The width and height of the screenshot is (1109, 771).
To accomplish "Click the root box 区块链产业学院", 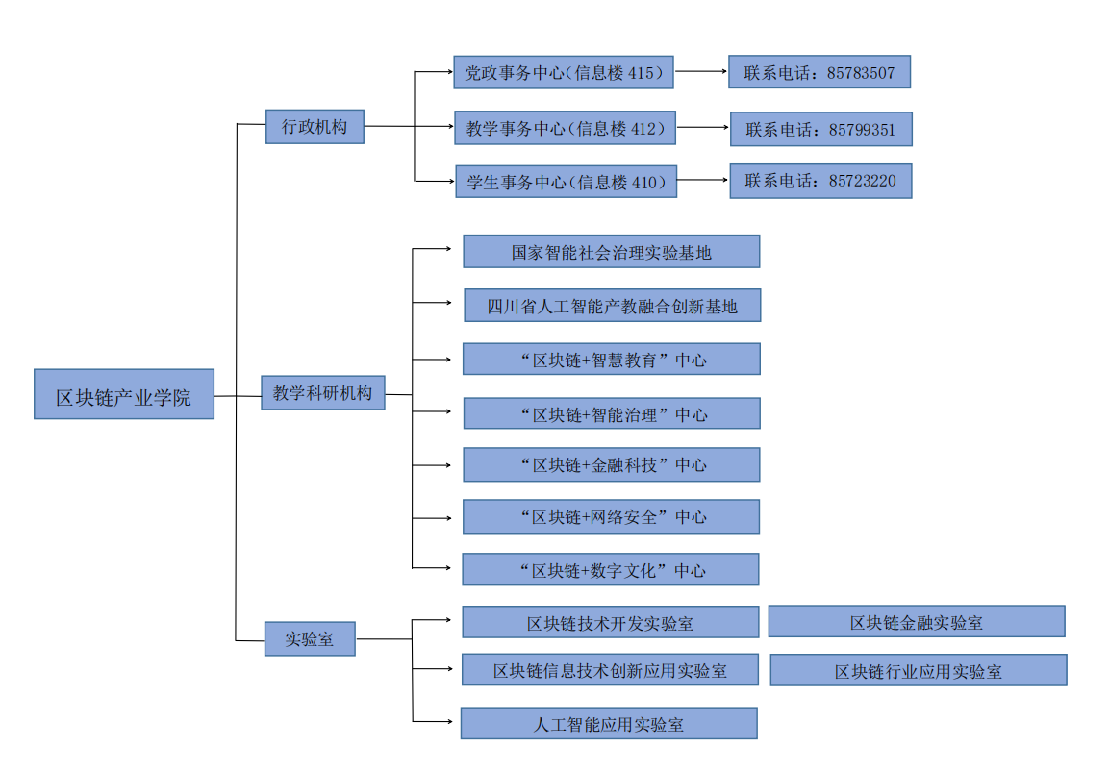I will pyautogui.click(x=123, y=394).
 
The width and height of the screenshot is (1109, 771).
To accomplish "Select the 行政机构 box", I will pyautogui.click(x=315, y=127).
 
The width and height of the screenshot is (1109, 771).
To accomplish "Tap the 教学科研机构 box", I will pyautogui.click(x=323, y=393).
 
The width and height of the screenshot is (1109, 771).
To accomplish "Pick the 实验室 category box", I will pyautogui.click(x=310, y=638).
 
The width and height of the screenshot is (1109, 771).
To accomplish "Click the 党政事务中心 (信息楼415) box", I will pyautogui.click(x=564, y=72).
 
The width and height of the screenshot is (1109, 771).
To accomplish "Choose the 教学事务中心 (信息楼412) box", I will pyautogui.click(x=566, y=128).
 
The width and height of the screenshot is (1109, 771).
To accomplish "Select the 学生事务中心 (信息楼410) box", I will pyautogui.click(x=566, y=181).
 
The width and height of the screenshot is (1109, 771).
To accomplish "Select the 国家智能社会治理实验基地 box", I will pyautogui.click(x=611, y=252).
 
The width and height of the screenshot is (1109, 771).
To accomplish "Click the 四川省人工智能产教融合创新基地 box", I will pyautogui.click(x=613, y=306).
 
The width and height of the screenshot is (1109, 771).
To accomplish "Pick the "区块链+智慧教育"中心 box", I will pyautogui.click(x=611, y=360).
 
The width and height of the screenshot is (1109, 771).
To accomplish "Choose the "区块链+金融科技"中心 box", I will pyautogui.click(x=611, y=465).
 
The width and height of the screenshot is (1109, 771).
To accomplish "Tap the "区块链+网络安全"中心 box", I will pyautogui.click(x=611, y=517).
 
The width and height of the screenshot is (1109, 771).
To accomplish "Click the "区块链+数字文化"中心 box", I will pyautogui.click(x=611, y=570).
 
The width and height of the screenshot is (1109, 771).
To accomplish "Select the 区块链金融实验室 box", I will pyautogui.click(x=916, y=622).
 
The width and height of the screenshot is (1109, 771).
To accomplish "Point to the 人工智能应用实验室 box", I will pyautogui.click(x=609, y=724).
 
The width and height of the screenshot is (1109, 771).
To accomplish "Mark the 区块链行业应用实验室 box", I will pyautogui.click(x=918, y=671).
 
